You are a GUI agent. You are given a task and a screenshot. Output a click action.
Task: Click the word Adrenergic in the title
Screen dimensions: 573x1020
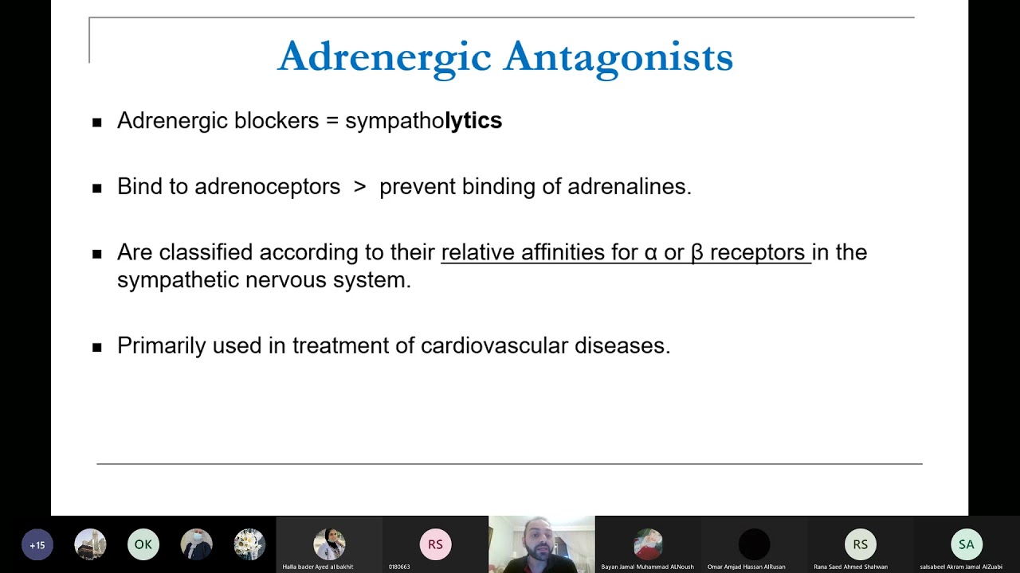click(384, 57)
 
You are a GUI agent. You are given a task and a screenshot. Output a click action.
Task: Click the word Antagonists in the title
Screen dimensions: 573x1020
click(618, 57)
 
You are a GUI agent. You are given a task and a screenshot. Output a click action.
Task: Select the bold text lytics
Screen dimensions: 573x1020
click(473, 120)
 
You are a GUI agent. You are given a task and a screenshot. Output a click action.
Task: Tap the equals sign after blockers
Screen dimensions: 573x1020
click(331, 121)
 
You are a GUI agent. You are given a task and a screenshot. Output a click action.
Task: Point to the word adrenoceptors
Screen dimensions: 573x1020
click(267, 186)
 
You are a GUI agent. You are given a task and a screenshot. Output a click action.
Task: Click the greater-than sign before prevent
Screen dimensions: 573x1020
click(360, 186)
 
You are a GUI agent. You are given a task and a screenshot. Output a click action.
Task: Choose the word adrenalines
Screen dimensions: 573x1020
click(629, 186)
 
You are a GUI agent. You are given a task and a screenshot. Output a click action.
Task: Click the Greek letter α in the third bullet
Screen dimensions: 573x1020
click(651, 252)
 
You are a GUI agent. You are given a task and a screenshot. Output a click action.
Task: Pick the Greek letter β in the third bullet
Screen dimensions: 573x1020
click(697, 252)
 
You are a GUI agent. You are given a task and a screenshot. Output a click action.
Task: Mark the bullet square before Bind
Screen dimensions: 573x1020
click(97, 189)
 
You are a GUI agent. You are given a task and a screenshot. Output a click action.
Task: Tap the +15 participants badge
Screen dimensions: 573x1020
click(37, 545)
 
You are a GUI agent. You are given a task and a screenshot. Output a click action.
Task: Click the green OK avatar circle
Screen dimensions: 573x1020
click(143, 544)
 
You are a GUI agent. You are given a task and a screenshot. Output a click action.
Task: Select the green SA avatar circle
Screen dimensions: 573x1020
click(966, 544)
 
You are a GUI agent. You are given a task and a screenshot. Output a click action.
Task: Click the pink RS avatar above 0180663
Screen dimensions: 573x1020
click(435, 544)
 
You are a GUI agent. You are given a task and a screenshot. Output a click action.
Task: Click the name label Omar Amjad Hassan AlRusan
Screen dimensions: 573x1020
click(746, 567)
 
